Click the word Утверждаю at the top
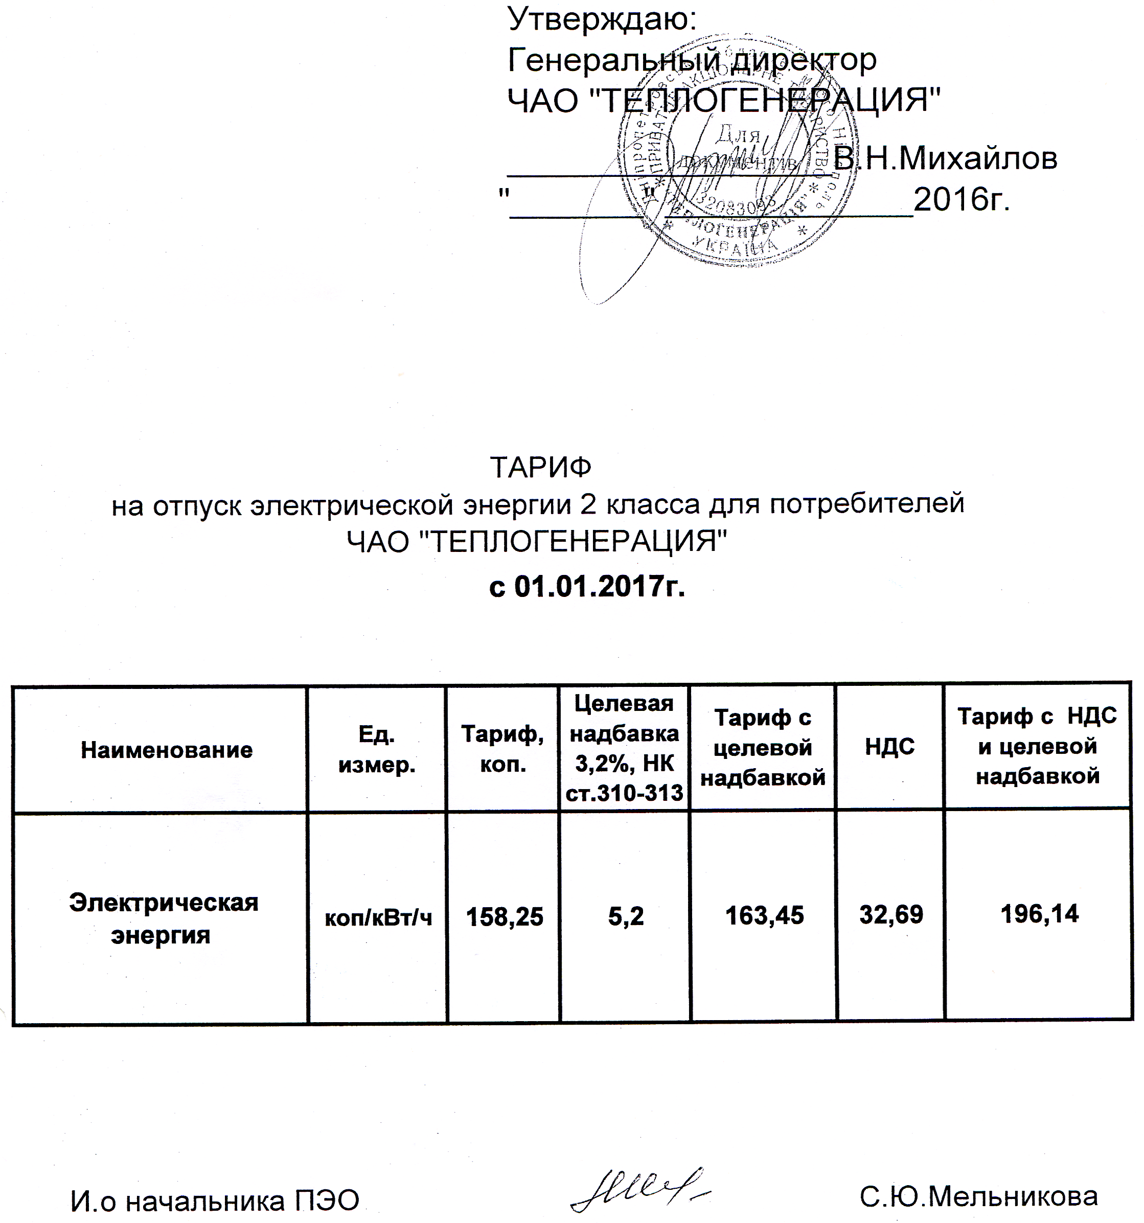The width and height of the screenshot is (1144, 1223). tap(601, 20)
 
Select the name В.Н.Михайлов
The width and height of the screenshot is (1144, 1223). tap(945, 159)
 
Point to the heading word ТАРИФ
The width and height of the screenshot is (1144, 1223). tap(540, 468)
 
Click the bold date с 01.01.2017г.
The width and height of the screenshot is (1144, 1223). tap(586, 587)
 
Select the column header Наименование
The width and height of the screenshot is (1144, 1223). tap(167, 750)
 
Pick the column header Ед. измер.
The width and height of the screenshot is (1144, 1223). tap(377, 750)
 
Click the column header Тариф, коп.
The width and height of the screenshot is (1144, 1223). tap(503, 749)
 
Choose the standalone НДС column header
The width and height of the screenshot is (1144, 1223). tap(889, 747)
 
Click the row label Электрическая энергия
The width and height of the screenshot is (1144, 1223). tap(163, 919)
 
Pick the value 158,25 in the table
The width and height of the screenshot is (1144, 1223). tap(505, 917)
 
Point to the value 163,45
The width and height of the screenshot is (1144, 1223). tap(764, 916)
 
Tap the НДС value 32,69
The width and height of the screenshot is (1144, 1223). tap(891, 915)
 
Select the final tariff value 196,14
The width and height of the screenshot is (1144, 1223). tap(1039, 914)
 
